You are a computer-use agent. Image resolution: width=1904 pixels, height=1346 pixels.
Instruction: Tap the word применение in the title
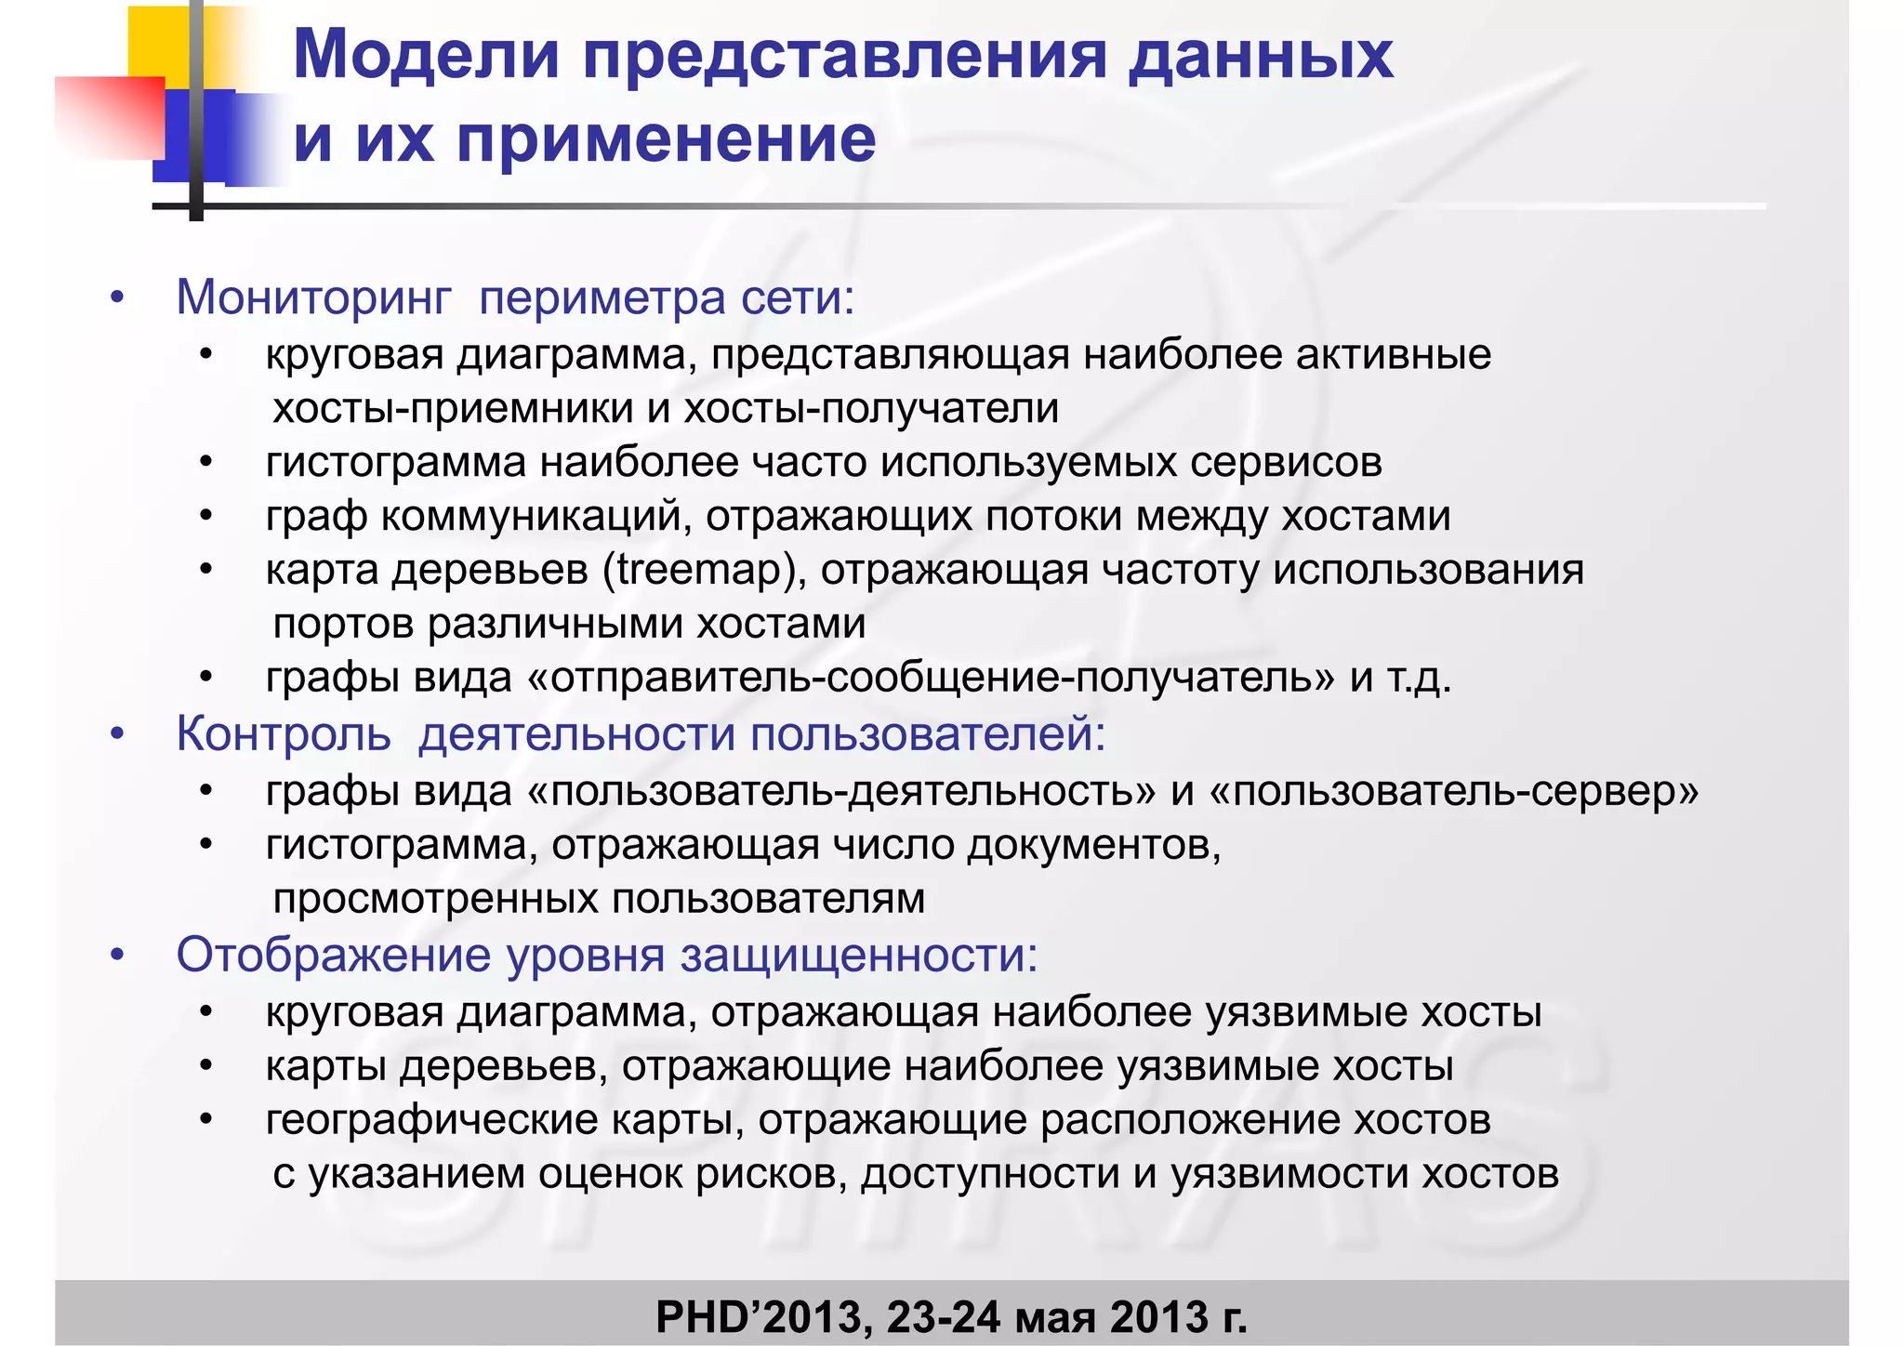tap(666, 139)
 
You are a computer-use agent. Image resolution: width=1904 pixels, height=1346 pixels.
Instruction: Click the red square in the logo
tap(110, 116)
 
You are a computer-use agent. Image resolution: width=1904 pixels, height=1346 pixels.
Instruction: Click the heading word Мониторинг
tap(313, 298)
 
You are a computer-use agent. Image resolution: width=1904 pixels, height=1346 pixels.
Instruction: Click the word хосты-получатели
tap(871, 408)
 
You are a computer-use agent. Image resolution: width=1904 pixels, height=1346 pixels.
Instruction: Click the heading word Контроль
tap(284, 733)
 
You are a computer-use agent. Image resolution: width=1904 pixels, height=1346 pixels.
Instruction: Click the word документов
tap(1093, 845)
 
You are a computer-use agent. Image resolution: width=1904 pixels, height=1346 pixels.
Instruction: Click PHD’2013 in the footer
tap(763, 1316)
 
